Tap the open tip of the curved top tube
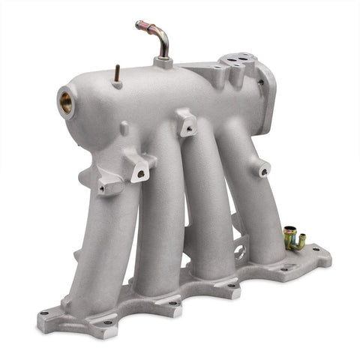pyautogui.click(x=139, y=25)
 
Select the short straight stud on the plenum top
pyautogui.click(x=118, y=73)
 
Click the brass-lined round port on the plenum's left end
pyautogui.click(x=66, y=103)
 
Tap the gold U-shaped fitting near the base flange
pyautogui.click(x=293, y=240)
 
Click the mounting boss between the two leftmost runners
pyautogui.click(x=139, y=169)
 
